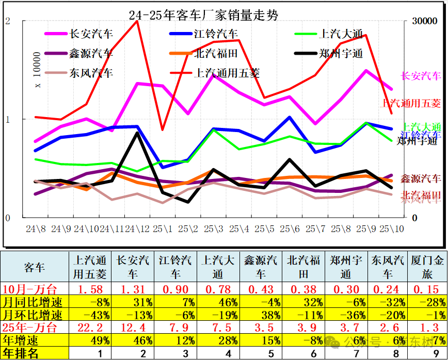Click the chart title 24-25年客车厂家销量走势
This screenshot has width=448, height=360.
tap(203, 15)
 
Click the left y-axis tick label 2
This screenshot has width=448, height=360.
tap(7, 21)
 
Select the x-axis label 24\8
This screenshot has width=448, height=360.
tap(36, 228)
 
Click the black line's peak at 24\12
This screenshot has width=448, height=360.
tap(137, 133)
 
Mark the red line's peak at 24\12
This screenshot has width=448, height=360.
tap(137, 21)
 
